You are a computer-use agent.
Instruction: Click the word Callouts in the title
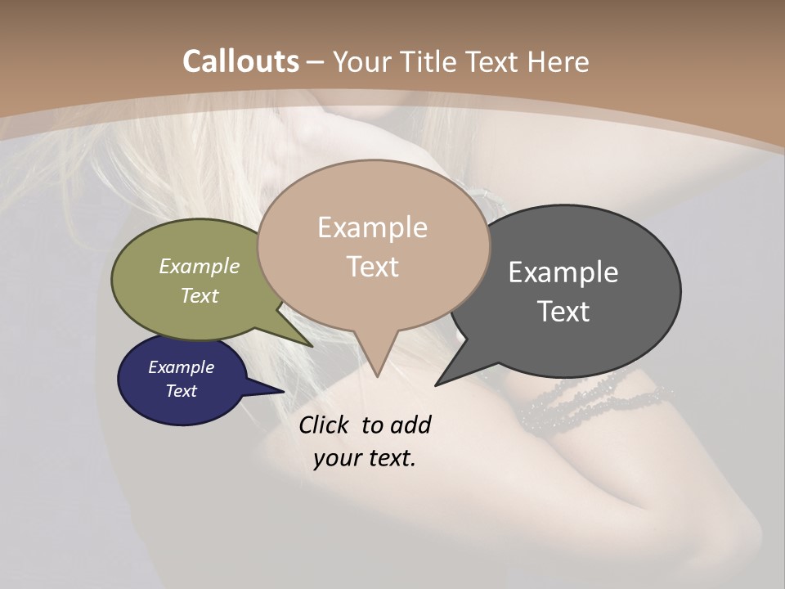tap(240, 61)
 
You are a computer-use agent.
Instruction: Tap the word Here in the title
tap(558, 61)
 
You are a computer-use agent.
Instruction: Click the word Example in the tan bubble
tap(372, 227)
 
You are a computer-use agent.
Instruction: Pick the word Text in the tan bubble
tap(372, 267)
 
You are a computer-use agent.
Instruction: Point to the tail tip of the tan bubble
tap(377, 375)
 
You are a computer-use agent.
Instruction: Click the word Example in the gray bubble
tap(563, 272)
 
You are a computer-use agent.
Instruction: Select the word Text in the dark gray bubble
tap(563, 312)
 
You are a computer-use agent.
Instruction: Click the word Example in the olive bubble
tap(200, 267)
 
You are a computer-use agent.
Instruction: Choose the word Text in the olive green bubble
tap(200, 295)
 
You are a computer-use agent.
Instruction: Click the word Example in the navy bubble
tap(181, 367)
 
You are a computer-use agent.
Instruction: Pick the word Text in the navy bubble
tap(181, 391)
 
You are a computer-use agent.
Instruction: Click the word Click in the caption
tap(324, 425)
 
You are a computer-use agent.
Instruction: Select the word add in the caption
tap(410, 425)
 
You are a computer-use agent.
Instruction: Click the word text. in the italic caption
tap(388, 458)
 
